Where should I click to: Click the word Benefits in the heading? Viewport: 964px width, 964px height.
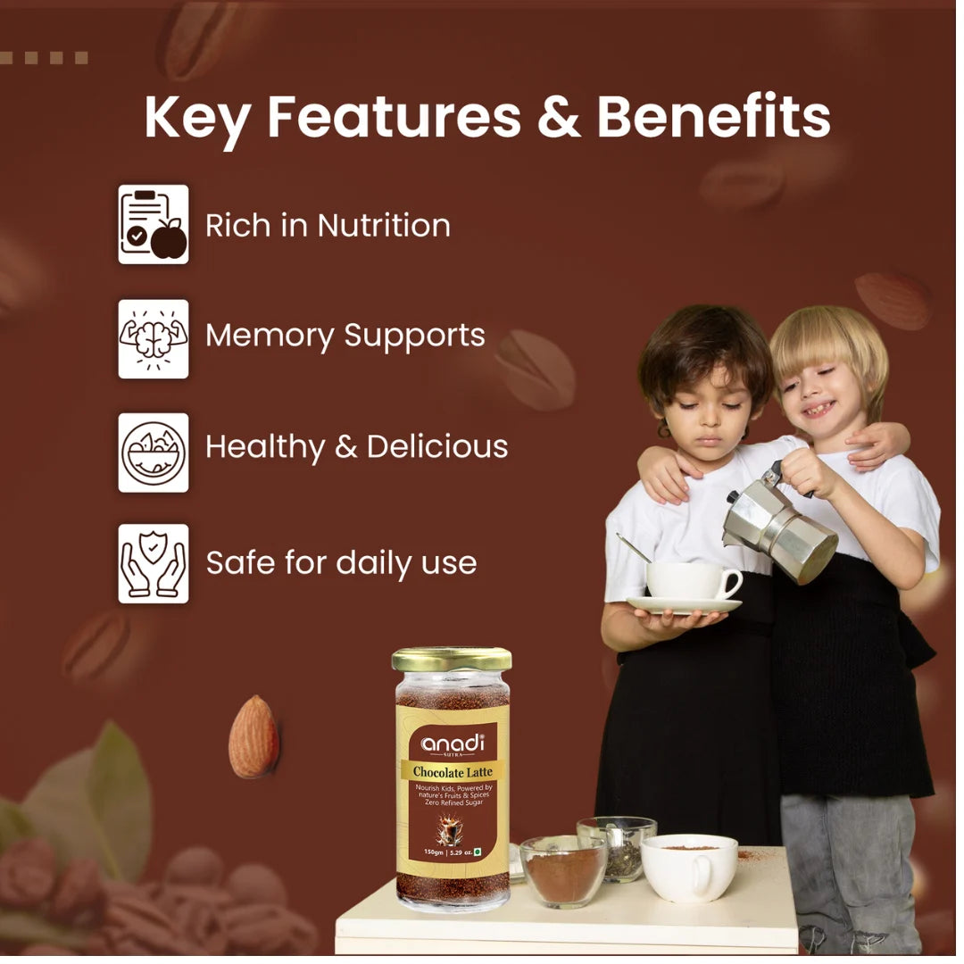(713, 117)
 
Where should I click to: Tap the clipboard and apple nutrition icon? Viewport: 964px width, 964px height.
(154, 224)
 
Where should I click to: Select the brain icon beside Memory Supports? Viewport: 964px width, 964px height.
(154, 338)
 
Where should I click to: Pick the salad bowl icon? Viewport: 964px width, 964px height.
(154, 452)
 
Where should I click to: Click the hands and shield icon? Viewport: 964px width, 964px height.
(154, 563)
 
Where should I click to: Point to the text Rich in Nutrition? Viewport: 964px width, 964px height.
(328, 226)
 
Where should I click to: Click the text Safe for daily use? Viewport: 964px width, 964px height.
(341, 563)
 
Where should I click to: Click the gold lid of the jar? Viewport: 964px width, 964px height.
(452, 660)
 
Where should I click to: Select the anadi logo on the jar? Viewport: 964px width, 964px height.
(452, 744)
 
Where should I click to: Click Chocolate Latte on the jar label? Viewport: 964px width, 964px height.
(452, 771)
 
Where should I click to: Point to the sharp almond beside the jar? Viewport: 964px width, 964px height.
(253, 736)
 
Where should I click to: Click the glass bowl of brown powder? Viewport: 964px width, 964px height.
(563, 870)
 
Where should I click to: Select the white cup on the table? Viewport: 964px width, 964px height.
(690, 867)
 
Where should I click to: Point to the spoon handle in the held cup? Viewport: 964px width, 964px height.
(633, 548)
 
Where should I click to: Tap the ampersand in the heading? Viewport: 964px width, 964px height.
(559, 117)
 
